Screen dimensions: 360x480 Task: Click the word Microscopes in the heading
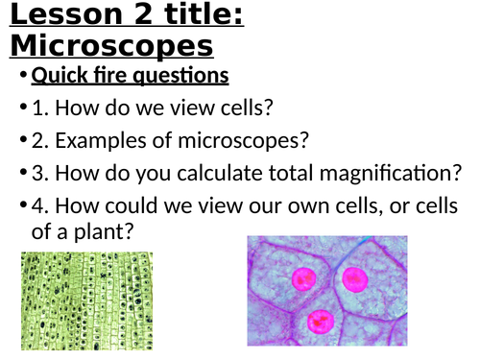click(111, 46)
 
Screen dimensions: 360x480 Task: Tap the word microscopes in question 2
click(241, 141)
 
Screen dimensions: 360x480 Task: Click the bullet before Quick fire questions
click(22, 76)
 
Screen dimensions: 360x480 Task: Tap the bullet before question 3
click(22, 174)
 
